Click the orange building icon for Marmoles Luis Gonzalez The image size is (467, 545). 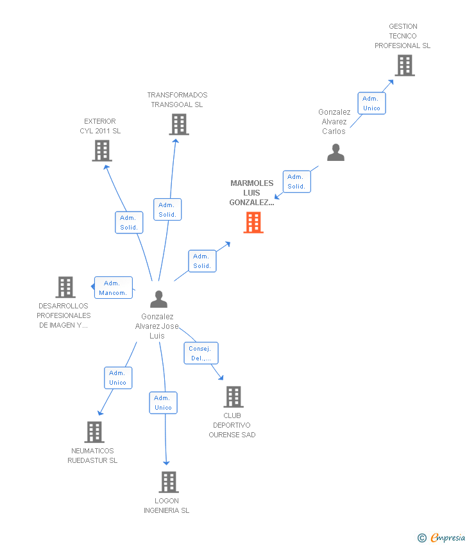(x=253, y=222)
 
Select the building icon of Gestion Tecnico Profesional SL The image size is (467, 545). (x=405, y=65)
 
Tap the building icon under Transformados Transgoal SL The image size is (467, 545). (x=179, y=124)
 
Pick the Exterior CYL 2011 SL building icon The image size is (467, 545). (x=102, y=151)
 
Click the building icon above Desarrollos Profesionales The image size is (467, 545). (x=65, y=287)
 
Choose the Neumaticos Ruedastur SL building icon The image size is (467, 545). (x=94, y=432)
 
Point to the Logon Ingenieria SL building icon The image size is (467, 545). (x=169, y=482)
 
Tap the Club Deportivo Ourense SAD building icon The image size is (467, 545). (x=234, y=397)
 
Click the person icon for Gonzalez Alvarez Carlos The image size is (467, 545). (x=336, y=152)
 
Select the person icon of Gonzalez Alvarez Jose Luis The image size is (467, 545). (x=158, y=299)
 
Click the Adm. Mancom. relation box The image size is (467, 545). (x=114, y=287)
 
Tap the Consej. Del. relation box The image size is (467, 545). (x=201, y=353)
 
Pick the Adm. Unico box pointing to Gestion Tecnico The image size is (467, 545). (x=371, y=103)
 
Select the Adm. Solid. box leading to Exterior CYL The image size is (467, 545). (x=129, y=222)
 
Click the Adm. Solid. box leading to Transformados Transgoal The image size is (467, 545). (x=167, y=209)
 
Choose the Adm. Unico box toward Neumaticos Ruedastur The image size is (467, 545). (x=118, y=378)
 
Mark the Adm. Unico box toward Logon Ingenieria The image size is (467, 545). (x=164, y=403)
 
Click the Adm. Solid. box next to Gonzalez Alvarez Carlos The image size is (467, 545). (x=296, y=181)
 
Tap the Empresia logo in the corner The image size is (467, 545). (x=441, y=538)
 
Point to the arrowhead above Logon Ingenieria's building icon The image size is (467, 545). (x=166, y=463)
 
